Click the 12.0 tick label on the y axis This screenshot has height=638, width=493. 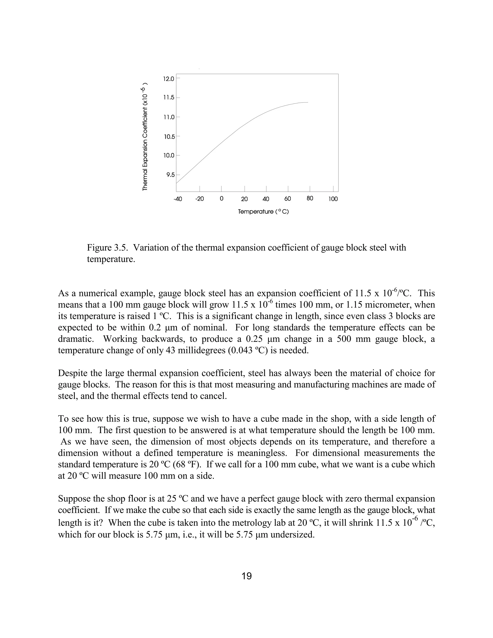pyautogui.click(x=169, y=79)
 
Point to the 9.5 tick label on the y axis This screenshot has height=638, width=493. pyautogui.click(x=170, y=175)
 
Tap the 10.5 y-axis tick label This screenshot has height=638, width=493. pyautogui.click(x=169, y=137)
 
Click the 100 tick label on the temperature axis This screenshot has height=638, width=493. pyautogui.click(x=333, y=199)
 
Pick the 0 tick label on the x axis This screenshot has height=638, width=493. pyautogui.click(x=221, y=199)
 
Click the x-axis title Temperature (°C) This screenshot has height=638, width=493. pyautogui.click(x=263, y=211)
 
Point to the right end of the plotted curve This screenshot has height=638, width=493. pyautogui.click(x=308, y=102)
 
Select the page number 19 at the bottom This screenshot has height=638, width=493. pyautogui.click(x=246, y=576)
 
